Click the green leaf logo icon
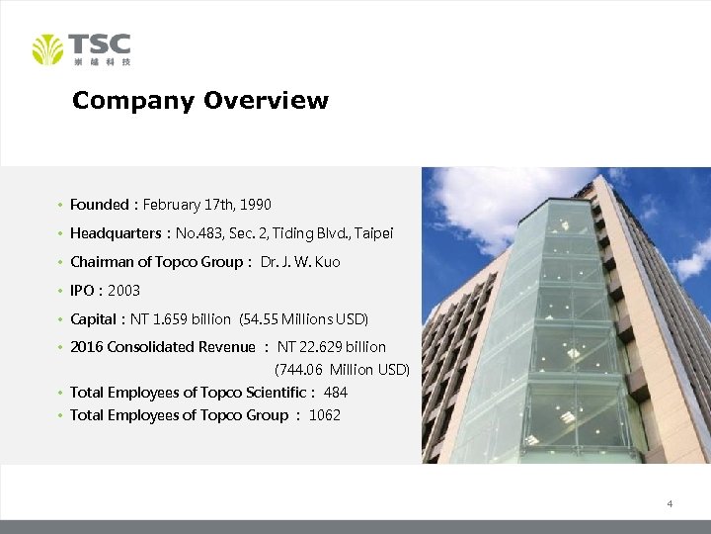pyautogui.click(x=47, y=49)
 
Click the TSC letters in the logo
pyautogui.click(x=100, y=44)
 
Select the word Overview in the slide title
pyautogui.click(x=266, y=101)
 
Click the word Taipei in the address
pyautogui.click(x=374, y=233)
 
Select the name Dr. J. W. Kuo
pyautogui.click(x=300, y=262)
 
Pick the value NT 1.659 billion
pyautogui.click(x=187, y=319)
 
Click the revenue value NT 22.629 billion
pyautogui.click(x=332, y=347)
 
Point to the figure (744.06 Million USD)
pyautogui.click(x=342, y=370)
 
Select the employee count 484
pyautogui.click(x=336, y=393)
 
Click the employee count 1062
pyautogui.click(x=325, y=415)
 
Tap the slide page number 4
pyautogui.click(x=670, y=504)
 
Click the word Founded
pyautogui.click(x=99, y=205)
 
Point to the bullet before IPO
pyautogui.click(x=61, y=291)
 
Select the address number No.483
pyautogui.click(x=201, y=233)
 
